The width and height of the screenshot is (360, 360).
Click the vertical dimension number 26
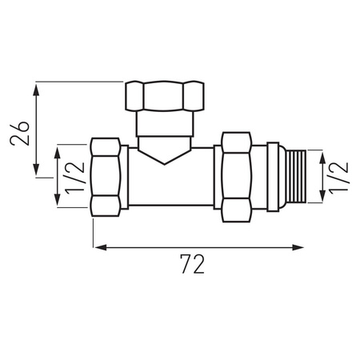tap(22, 130)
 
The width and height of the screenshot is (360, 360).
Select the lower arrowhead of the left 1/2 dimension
tap(58, 205)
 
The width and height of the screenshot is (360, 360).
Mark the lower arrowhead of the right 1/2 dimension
tap(322, 198)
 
